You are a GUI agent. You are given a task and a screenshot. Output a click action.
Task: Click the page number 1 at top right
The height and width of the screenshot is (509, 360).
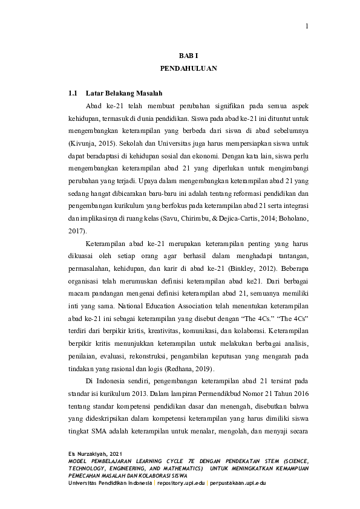pos(307,25)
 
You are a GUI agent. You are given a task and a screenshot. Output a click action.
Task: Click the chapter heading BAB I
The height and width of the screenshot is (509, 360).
pos(188,55)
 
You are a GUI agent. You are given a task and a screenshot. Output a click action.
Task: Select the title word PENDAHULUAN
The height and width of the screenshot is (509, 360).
pos(188,69)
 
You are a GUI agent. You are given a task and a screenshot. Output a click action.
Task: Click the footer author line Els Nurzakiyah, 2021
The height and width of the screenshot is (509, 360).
pos(95,453)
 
